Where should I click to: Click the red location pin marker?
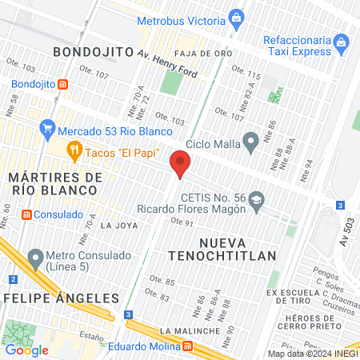click(x=181, y=166)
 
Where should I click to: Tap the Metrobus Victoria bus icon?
click(x=236, y=17)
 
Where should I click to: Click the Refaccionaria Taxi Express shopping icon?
click(x=342, y=41)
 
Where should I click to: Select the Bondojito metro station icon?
click(x=62, y=83)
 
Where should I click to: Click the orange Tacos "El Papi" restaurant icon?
click(x=74, y=150)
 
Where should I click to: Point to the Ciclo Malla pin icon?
click(x=251, y=144)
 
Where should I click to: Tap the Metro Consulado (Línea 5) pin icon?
click(x=35, y=258)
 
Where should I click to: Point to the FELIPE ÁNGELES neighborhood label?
click(x=61, y=298)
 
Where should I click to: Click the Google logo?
click(x=26, y=350)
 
